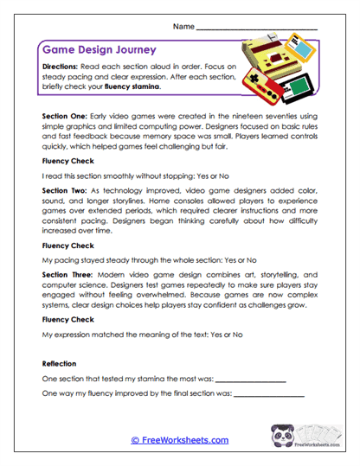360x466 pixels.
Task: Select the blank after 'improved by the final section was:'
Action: (269, 395)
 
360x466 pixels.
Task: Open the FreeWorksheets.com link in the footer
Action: (180, 440)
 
